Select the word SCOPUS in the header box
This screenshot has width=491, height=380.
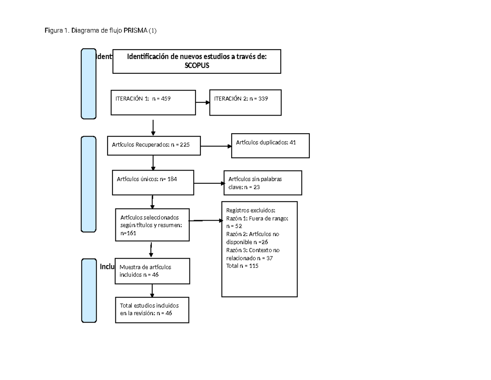[196, 65]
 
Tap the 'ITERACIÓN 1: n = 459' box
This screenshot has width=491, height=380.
[153, 102]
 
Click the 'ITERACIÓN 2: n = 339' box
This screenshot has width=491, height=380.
[245, 102]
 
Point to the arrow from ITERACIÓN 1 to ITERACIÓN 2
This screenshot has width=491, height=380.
[202, 102]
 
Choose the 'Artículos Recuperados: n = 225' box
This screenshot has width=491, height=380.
[154, 146]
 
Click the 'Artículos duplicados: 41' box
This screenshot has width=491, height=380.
[270, 146]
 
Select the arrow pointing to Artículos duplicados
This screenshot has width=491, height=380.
[216, 146]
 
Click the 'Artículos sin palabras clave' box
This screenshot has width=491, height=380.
[263, 183]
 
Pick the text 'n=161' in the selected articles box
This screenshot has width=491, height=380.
[128, 233]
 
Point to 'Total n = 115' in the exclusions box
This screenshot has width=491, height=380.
[242, 266]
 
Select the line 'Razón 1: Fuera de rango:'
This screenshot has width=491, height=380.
[257, 219]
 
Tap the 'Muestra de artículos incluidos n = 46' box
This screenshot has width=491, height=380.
[152, 271]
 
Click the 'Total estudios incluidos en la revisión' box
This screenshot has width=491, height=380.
[152, 309]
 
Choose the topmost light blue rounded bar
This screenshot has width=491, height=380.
[88, 84]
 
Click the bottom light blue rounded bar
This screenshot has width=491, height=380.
[89, 290]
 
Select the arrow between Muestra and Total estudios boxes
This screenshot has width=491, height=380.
[152, 290]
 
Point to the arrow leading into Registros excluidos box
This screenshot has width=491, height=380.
[206, 221]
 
